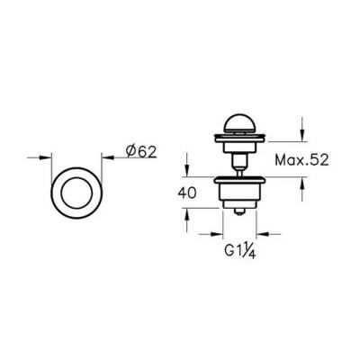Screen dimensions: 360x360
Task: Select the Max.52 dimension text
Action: [x=302, y=160]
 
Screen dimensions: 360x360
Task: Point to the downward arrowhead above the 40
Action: [x=188, y=172]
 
